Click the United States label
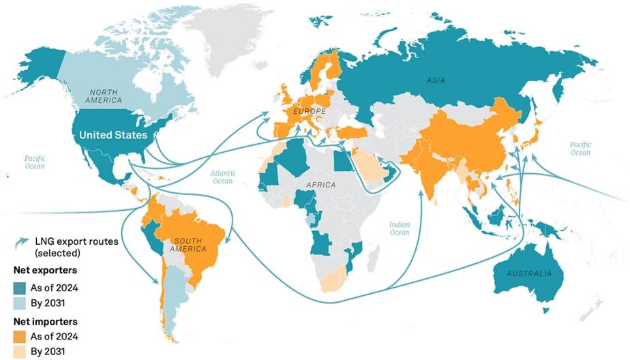[x=113, y=135]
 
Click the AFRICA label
[x=320, y=184]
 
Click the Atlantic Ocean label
[x=222, y=177]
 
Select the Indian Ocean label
[x=400, y=228]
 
